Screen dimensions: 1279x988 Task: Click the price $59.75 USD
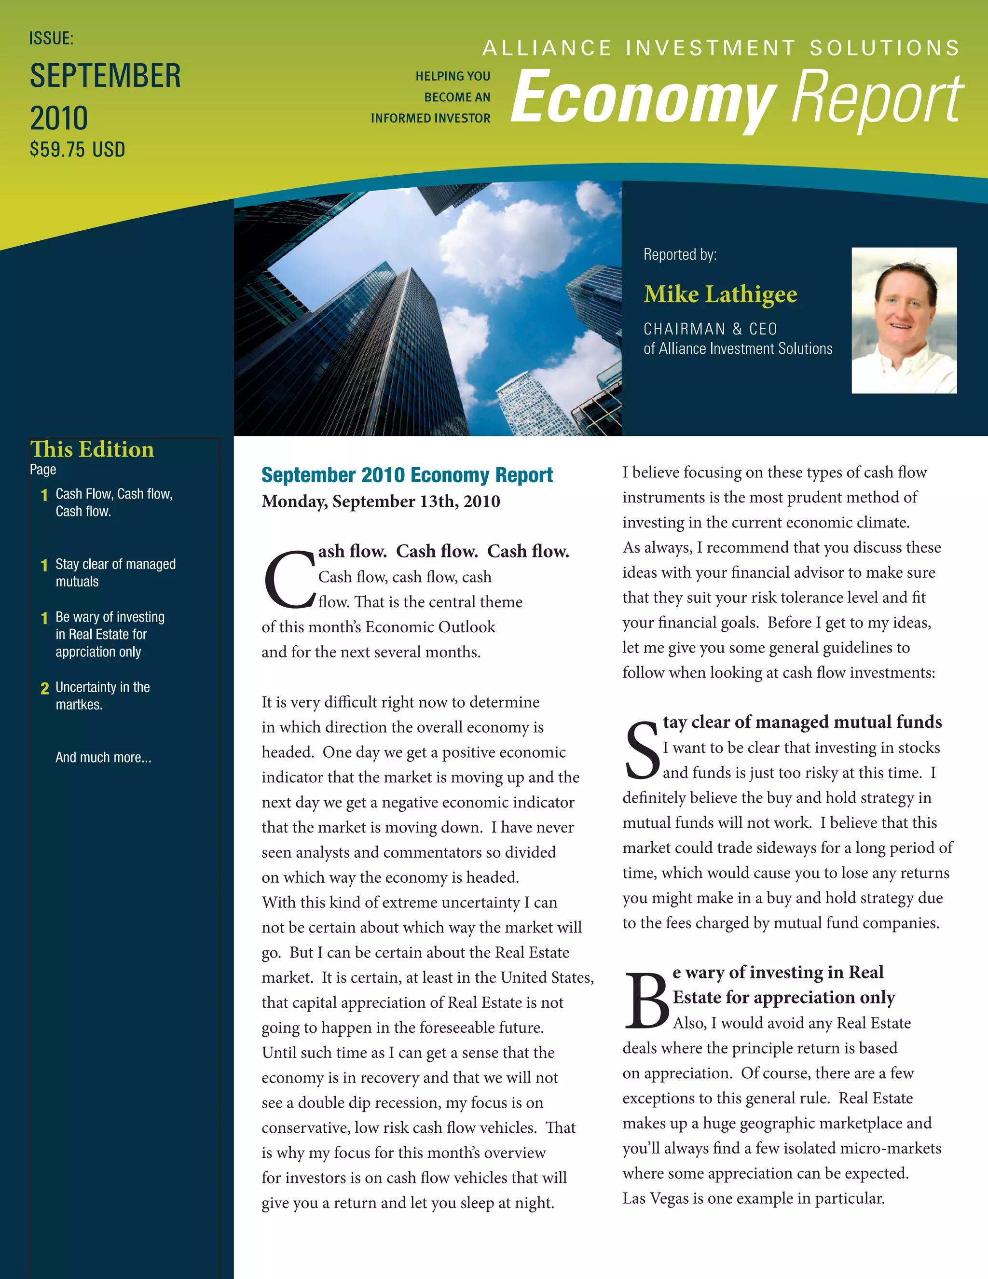point(77,150)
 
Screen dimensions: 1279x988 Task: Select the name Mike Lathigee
point(720,294)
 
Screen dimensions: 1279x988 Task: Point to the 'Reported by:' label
point(680,255)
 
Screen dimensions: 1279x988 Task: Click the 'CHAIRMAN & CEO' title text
point(710,329)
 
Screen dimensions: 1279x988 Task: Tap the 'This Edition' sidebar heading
point(92,449)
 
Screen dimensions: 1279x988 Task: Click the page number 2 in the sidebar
point(44,689)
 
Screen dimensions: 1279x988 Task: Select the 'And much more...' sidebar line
point(103,757)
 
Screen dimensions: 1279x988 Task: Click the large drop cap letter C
point(289,579)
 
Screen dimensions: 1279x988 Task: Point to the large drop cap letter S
point(642,751)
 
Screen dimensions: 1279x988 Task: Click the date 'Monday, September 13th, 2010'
point(381,501)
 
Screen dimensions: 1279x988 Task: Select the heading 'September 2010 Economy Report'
point(407,475)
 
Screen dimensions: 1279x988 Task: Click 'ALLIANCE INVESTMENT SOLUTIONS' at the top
point(721,48)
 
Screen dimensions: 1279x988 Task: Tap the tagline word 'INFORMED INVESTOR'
point(430,118)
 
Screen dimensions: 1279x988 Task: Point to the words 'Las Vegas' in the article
point(656,1198)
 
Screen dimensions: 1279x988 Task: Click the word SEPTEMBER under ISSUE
point(105,76)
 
